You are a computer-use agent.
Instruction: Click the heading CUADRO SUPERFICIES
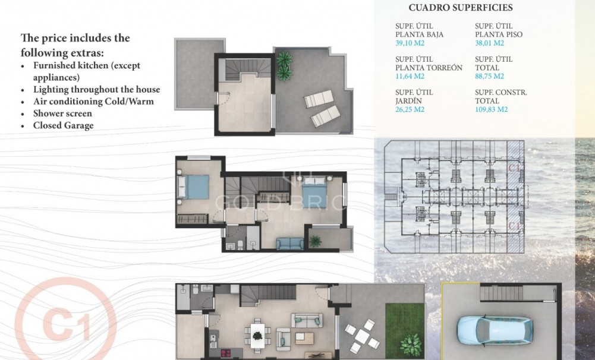[x=461, y=8]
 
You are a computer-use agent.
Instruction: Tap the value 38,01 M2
[x=490, y=43]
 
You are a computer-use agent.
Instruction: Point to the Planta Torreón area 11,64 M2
[x=410, y=77]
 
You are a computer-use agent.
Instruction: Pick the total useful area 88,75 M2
[x=490, y=77]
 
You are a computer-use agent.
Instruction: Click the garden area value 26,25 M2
[x=410, y=110]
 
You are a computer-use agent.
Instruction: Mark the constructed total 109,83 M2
[x=492, y=110]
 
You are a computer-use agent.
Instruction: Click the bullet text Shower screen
[x=62, y=113]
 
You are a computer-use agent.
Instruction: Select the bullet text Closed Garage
[x=63, y=125]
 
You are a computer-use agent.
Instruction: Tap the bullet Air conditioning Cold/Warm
[x=93, y=102]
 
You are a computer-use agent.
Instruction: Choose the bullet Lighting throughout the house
[x=96, y=90]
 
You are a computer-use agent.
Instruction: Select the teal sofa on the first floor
[x=289, y=243]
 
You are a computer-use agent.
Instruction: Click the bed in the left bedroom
[x=193, y=187]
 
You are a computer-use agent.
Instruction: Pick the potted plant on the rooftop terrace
[x=285, y=65]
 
